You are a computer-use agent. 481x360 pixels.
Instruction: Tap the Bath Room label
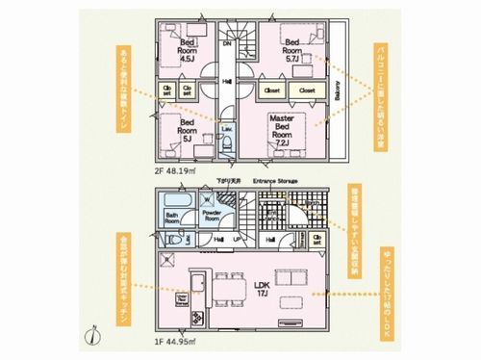click(x=173, y=218)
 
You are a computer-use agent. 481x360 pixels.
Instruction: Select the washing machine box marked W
click(x=207, y=200)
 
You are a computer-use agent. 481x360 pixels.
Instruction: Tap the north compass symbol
click(x=92, y=336)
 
